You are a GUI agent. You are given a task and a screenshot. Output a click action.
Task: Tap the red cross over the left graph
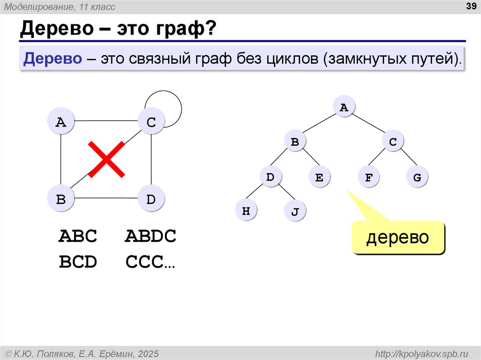[x=107, y=160]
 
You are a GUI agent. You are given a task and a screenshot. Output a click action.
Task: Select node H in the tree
[x=246, y=211]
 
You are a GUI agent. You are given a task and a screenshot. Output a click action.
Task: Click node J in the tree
[x=295, y=212]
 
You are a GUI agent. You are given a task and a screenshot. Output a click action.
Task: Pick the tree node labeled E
[x=319, y=178]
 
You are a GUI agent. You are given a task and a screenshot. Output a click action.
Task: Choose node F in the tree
[x=368, y=178]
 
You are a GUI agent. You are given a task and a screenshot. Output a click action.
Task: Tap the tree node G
[x=417, y=178]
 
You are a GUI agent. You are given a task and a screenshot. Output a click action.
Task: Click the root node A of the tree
[x=344, y=107]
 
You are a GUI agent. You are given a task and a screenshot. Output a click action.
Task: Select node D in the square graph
[x=151, y=199]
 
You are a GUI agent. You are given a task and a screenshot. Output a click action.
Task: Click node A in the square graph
[x=61, y=123]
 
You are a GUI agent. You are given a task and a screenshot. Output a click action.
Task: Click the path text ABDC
[x=150, y=236]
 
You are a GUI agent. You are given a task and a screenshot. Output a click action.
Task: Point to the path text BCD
[x=78, y=262]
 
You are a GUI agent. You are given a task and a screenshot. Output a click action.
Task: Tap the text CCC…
[x=150, y=262]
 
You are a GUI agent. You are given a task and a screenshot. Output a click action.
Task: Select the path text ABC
[x=78, y=236]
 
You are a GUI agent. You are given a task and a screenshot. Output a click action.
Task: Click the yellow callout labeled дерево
[x=398, y=237]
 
